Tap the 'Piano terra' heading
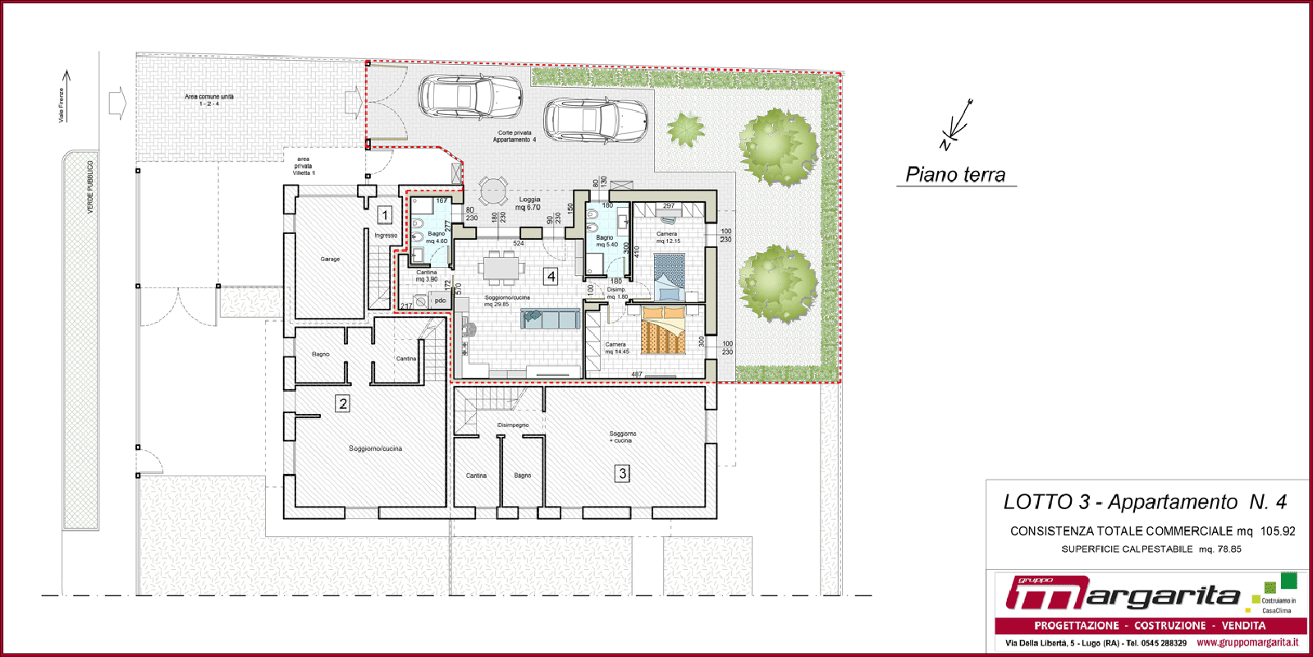coord(955,174)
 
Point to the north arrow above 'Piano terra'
coord(957,125)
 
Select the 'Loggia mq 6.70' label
coord(530,204)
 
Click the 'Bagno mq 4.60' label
coord(437,237)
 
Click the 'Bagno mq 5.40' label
coord(606,241)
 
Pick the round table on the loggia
coord(492,190)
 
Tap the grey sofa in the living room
coord(551,319)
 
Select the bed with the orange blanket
coord(663,330)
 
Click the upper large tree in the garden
coord(777,146)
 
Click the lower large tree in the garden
coord(777,283)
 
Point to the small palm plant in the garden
coord(684,130)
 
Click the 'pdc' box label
coord(440,301)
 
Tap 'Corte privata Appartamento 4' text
coord(515,136)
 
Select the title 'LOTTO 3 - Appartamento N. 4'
coord(1145,502)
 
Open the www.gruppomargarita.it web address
coord(1247,642)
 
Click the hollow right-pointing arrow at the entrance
coord(117,103)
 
